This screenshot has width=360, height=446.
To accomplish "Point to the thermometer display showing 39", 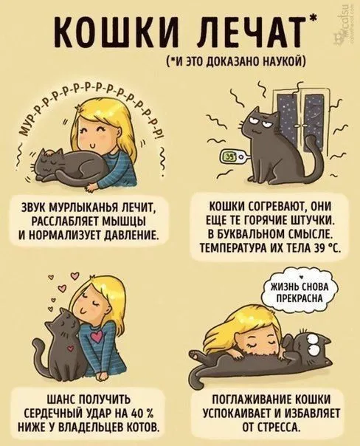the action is (229, 156).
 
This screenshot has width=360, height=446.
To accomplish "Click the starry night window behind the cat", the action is (298, 117).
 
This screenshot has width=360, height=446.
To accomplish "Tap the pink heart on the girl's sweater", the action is (97, 336).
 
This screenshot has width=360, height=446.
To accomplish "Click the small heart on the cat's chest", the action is (71, 348).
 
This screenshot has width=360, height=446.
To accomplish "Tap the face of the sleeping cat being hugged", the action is (46, 165).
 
